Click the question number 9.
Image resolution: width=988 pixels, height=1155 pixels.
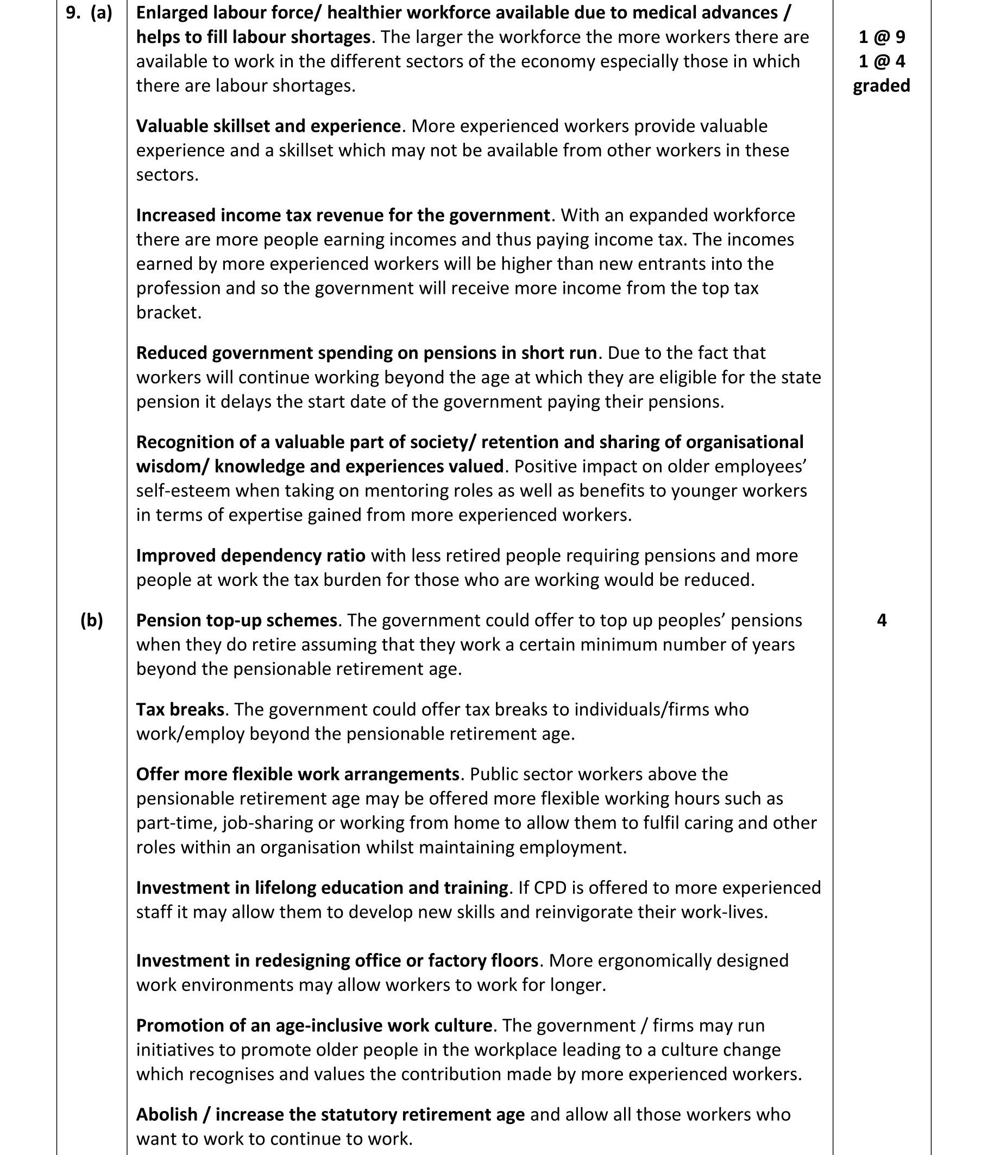[x=72, y=13]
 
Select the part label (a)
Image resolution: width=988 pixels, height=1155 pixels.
[x=102, y=13]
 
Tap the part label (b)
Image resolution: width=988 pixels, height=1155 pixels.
[x=92, y=621]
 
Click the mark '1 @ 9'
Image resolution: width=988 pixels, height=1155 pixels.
[x=882, y=37]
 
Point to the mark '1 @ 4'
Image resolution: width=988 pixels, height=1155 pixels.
[x=882, y=61]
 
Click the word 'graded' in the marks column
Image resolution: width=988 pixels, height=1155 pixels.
[x=882, y=86]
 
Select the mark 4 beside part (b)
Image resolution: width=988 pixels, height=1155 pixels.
[x=882, y=621]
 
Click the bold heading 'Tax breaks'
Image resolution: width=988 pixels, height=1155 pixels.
[x=180, y=710]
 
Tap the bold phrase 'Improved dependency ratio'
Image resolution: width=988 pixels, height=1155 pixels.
[x=251, y=556]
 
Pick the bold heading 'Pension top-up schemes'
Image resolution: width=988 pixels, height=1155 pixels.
[x=237, y=621]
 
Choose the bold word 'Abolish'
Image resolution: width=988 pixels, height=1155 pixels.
[x=167, y=1114]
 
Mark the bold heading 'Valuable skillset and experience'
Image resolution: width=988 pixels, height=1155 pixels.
[x=268, y=127]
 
